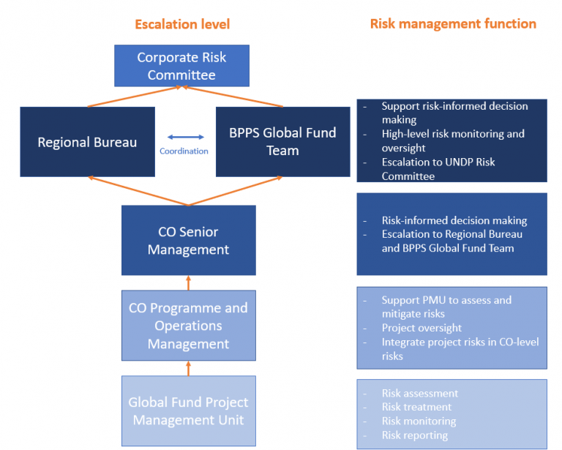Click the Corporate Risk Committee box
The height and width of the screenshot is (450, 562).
pyautogui.click(x=181, y=66)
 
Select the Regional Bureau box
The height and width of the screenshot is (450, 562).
pyautogui.click(x=87, y=142)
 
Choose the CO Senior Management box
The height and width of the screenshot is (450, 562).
pyautogui.click(x=188, y=240)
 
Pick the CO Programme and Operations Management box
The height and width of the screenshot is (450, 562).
pyautogui.click(x=188, y=326)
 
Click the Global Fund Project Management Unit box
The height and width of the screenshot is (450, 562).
pyautogui.click(x=188, y=411)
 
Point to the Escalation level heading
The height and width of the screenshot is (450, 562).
pyautogui.click(x=182, y=24)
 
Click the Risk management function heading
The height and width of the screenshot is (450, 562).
pyautogui.click(x=453, y=23)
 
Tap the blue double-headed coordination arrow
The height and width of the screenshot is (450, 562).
pyautogui.click(x=185, y=137)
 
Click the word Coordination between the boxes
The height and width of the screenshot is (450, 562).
pyautogui.click(x=184, y=151)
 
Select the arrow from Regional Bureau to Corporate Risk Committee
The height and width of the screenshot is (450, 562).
pyautogui.click(x=135, y=97)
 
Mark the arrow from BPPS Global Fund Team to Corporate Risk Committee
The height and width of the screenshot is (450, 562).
pyautogui.click(x=231, y=97)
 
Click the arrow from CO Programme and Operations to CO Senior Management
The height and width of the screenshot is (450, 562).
pyautogui.click(x=189, y=282)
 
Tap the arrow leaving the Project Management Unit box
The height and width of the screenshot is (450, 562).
pyautogui.click(x=189, y=368)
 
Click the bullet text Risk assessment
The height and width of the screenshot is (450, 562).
pyautogui.click(x=419, y=394)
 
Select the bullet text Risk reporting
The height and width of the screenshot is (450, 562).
pyautogui.click(x=415, y=435)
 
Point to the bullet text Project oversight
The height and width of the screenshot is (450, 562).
pyautogui.click(x=421, y=328)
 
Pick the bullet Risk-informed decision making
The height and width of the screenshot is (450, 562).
pyautogui.click(x=454, y=220)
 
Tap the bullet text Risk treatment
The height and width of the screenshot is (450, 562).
pyautogui.click(x=416, y=408)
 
